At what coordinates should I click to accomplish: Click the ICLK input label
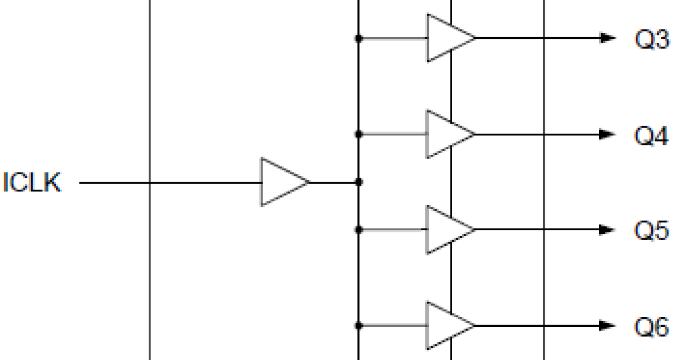point(32,183)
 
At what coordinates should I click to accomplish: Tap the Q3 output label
point(651,39)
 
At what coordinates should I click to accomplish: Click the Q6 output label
point(651,327)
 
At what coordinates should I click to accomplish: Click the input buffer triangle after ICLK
point(282,182)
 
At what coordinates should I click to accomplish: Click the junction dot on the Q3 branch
point(358,38)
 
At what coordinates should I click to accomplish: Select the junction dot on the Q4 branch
point(358,134)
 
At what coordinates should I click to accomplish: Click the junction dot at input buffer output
point(358,182)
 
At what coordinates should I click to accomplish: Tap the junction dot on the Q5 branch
point(358,230)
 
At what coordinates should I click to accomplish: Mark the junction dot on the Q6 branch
point(358,326)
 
